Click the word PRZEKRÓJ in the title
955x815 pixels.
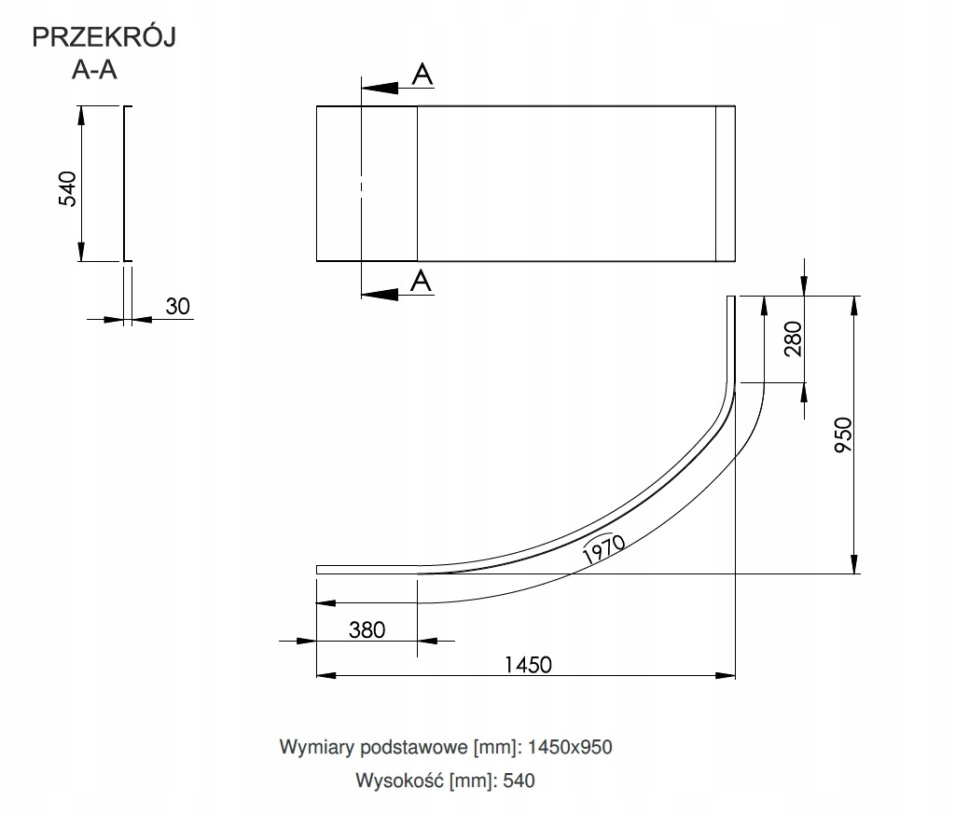104,36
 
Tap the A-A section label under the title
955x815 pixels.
94,70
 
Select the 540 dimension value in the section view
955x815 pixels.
67,188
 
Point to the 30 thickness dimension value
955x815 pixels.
178,306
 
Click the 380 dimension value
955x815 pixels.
367,629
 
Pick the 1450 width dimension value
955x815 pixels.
528,665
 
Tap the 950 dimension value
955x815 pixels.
843,435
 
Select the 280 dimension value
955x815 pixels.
793,338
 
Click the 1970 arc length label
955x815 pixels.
603,548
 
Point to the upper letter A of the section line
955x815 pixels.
422,75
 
